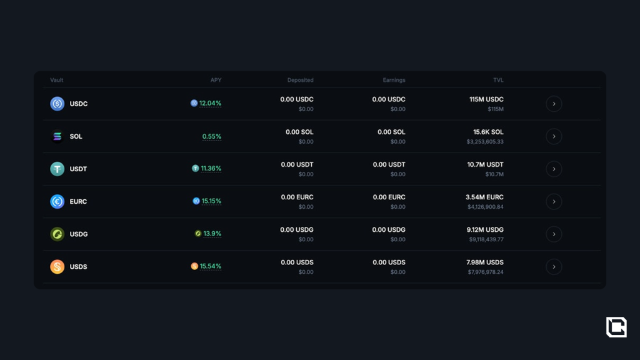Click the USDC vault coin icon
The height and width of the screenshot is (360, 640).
point(57,104)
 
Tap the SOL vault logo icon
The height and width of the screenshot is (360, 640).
point(57,136)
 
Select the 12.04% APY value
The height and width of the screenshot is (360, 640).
point(210,104)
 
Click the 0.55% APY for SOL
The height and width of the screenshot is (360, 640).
point(212,136)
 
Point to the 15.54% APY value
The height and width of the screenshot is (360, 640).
point(211,266)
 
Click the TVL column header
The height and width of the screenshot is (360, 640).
point(498,80)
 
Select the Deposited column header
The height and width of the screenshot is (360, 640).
point(300,80)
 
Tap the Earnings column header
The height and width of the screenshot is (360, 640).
point(394,80)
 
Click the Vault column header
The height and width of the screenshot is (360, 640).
point(57,80)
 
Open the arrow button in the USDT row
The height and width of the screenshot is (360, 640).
point(554,169)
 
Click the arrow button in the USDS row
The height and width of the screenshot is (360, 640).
point(554,267)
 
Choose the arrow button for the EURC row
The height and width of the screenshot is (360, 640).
point(554,201)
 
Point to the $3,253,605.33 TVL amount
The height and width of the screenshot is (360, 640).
point(485,142)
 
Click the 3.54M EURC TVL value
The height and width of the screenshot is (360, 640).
point(484,197)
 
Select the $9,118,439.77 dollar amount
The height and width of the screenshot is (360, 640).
point(486,239)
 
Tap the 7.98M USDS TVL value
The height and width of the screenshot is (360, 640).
point(485,262)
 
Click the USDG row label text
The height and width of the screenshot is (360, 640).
point(79,234)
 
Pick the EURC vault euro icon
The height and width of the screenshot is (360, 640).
point(57,201)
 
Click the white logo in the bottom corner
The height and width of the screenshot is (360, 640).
point(616,327)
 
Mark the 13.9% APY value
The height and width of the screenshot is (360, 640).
point(212,234)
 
